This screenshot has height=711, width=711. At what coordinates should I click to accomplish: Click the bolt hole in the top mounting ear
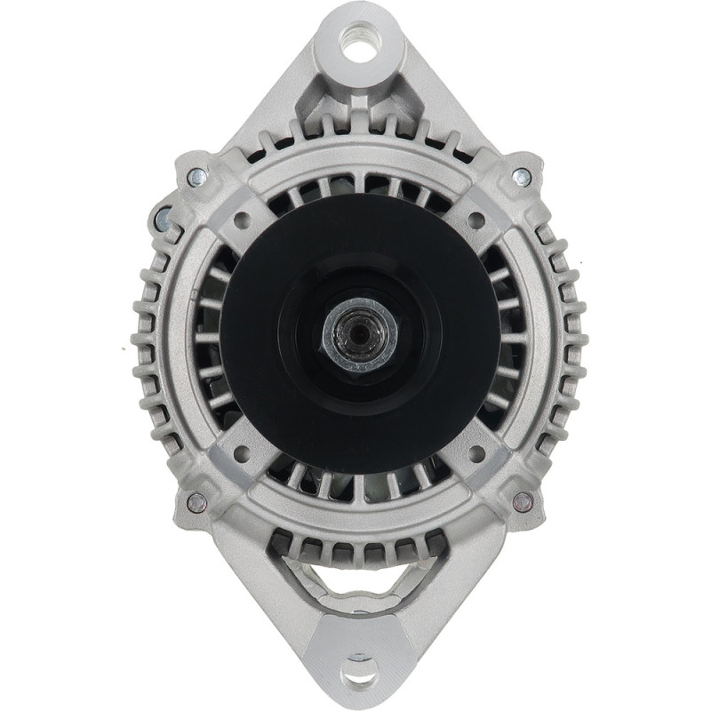359,45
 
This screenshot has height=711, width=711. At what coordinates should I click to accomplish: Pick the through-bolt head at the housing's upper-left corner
191,175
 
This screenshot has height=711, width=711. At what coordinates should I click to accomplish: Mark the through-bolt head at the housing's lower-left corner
195,500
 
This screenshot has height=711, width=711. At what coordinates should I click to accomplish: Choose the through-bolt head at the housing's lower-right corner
523,500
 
